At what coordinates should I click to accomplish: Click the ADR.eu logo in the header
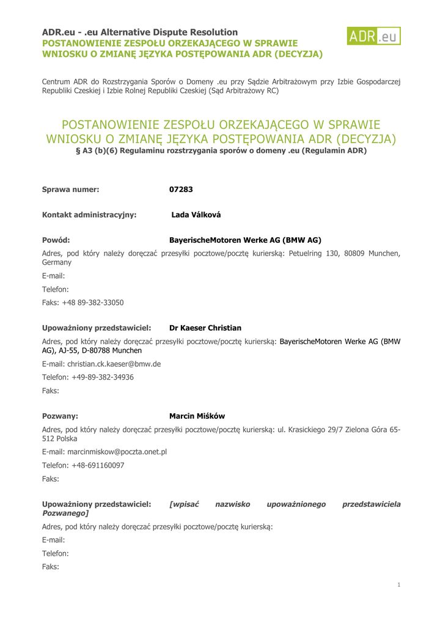click(x=374, y=37)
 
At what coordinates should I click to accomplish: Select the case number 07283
click(x=181, y=190)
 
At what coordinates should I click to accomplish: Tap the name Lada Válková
click(x=196, y=215)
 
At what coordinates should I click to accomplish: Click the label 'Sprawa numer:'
click(x=70, y=190)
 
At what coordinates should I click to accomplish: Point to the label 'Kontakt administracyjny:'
click(x=89, y=215)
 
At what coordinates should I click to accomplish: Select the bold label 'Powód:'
click(x=56, y=240)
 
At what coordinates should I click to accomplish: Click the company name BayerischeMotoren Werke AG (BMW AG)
click(x=245, y=240)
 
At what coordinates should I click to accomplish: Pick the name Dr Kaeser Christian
click(x=205, y=328)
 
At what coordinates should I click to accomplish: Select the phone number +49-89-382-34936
click(x=103, y=377)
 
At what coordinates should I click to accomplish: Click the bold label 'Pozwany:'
click(x=60, y=416)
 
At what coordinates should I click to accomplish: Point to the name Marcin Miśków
click(x=197, y=416)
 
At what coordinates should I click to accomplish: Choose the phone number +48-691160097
click(x=98, y=465)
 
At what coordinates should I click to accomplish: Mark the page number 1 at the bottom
click(x=398, y=585)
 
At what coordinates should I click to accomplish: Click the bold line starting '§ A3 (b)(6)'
click(x=221, y=150)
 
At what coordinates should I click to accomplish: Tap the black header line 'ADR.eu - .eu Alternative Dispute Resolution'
click(x=140, y=32)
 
